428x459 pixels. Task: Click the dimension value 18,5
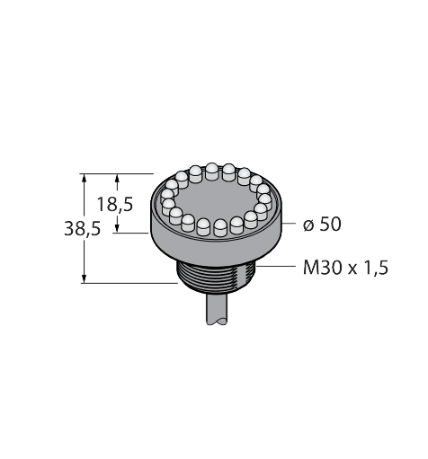click(116, 204)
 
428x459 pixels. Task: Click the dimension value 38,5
click(82, 229)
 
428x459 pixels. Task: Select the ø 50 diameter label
click(322, 225)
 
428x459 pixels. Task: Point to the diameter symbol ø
click(308, 225)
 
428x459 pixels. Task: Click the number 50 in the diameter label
click(330, 225)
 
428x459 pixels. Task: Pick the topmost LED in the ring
click(211, 169)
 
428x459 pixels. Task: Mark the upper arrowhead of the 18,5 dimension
click(117, 178)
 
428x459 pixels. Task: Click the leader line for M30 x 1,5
click(279, 268)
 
